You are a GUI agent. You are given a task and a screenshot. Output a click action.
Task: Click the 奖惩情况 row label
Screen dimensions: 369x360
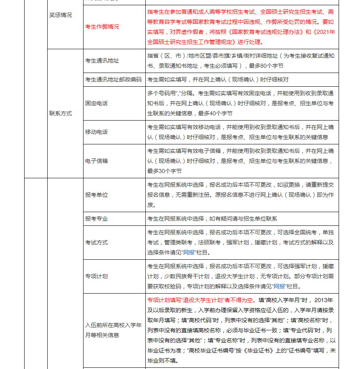coord(61,15)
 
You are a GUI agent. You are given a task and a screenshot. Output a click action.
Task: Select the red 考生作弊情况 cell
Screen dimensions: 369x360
coord(102,27)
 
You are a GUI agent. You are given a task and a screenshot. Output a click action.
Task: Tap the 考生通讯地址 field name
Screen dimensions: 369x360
coord(102,60)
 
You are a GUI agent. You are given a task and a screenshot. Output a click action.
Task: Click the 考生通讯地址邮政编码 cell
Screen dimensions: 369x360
coord(113,79)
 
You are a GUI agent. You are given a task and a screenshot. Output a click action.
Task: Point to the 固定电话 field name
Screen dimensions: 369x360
coord(96,103)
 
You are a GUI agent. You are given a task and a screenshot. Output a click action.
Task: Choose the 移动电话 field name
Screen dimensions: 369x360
coord(96,132)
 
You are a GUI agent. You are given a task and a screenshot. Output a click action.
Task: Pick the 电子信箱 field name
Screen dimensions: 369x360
coord(96,161)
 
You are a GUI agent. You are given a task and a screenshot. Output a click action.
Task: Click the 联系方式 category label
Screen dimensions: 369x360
coord(61,113)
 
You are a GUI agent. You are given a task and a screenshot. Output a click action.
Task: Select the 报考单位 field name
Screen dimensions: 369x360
coord(96,195)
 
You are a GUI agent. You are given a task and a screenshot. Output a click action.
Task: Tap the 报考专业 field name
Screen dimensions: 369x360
coord(96,219)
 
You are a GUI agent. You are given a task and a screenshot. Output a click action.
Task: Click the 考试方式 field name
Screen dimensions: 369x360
coord(96,242)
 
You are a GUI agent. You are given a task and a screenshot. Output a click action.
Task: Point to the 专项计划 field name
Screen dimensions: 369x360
coord(96,277)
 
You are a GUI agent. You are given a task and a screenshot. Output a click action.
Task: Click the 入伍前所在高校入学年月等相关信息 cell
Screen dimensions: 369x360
coord(113,330)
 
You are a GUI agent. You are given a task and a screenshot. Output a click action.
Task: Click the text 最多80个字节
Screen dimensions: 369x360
coord(264,66)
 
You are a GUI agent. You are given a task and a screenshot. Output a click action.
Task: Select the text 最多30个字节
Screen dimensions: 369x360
coord(164,171)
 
